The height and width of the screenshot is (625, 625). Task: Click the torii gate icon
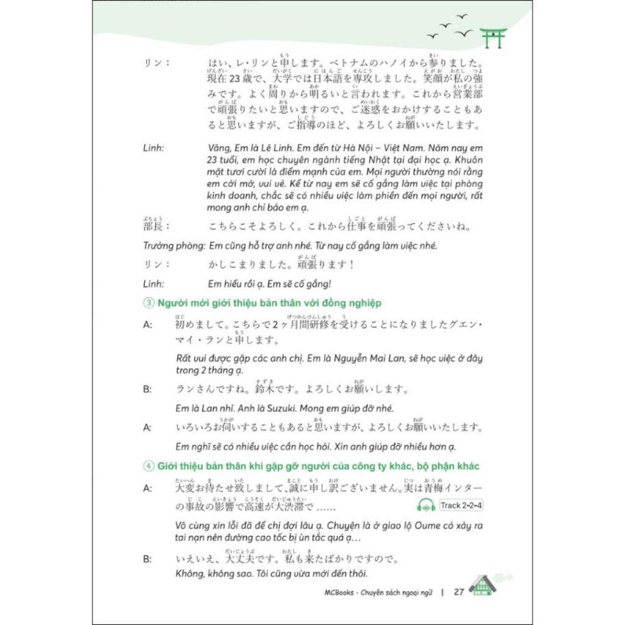(x=493, y=37)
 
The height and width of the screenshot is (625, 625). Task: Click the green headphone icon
(x=425, y=505)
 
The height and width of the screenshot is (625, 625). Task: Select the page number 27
(x=460, y=591)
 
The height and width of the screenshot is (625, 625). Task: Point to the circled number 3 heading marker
(x=147, y=303)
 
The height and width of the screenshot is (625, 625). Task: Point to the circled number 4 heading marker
(x=147, y=466)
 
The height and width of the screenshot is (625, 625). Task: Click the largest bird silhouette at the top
(x=463, y=32)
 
